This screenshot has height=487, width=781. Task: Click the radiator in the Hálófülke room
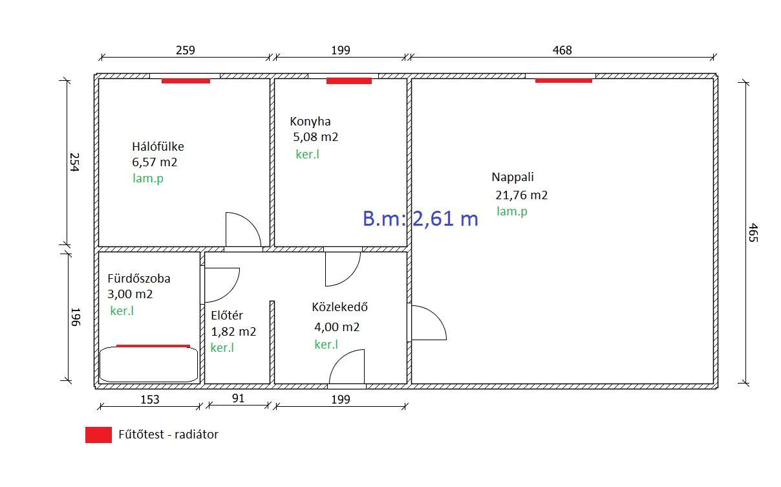point(186,81)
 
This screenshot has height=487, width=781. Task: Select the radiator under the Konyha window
point(349,81)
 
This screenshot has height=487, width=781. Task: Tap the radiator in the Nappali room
point(563,81)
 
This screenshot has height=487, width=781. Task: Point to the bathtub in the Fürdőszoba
point(149,364)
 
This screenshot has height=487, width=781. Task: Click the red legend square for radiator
point(99,435)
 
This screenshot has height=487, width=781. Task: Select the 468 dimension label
point(562,50)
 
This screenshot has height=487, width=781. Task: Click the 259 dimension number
point(185,50)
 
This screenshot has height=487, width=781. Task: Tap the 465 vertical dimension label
point(753,232)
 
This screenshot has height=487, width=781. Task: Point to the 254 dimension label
point(74,162)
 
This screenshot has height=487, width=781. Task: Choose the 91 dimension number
point(238,398)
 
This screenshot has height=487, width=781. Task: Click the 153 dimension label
point(150,399)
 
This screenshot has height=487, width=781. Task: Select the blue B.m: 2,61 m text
point(420,219)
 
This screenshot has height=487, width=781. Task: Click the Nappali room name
point(513,177)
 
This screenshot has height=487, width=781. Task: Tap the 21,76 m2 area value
point(522,195)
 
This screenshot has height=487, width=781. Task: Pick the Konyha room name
point(310,122)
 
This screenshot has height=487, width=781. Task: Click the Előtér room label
point(227,316)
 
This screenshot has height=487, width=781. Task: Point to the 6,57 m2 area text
point(155,162)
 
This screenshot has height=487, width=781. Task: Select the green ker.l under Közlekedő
point(326,345)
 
